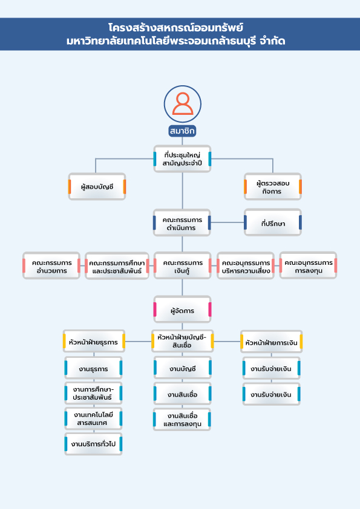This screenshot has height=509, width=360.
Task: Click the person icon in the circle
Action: click(183, 104)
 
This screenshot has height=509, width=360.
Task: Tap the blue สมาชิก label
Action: click(183, 131)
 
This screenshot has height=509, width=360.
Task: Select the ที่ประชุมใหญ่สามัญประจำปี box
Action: click(183, 159)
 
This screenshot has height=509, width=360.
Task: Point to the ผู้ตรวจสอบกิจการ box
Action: click(273, 186)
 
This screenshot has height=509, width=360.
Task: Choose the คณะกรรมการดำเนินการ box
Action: click(183, 223)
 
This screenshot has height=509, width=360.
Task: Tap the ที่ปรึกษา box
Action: click(273, 223)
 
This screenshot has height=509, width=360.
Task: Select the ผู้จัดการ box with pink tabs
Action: click(183, 311)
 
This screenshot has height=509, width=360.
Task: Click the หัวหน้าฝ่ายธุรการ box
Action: click(94, 341)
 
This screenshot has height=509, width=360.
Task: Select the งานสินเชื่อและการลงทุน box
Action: click(183, 420)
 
